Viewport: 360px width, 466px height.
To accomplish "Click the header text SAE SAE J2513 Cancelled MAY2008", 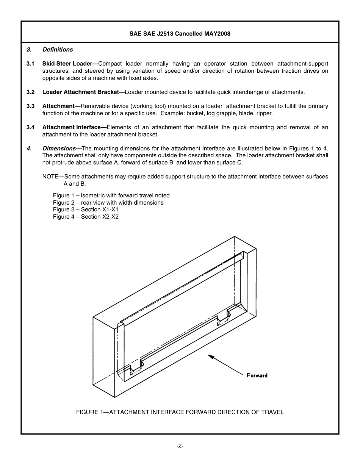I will coord(180,33).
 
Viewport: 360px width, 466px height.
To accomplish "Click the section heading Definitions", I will coord(58,50).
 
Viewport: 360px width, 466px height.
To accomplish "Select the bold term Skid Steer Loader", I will coord(67,64).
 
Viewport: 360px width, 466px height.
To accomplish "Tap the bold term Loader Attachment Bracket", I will coord(80,92).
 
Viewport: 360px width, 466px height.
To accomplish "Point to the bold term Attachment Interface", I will coord(71,127).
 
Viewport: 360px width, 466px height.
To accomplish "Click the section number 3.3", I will coord(30,106).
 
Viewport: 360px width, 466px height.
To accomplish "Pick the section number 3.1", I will coord(30,64).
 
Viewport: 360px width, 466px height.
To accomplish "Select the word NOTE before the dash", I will coord(50,177).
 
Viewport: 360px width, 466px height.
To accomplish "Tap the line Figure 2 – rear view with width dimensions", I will coord(108,203).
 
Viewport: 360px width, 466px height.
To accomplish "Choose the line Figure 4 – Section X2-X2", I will coord(86,217).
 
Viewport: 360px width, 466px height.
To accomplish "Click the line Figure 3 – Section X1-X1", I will coord(86,210).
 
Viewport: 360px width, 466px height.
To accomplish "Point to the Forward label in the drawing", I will coord(257,375).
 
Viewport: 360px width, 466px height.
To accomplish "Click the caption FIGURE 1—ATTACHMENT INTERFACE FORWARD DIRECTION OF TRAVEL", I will coord(180,412).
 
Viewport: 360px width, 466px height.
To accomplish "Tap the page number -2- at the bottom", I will coord(180,446).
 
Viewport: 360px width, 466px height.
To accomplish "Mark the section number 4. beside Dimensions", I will coord(29,149).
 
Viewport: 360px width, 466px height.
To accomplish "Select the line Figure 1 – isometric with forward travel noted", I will coord(111,195).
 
